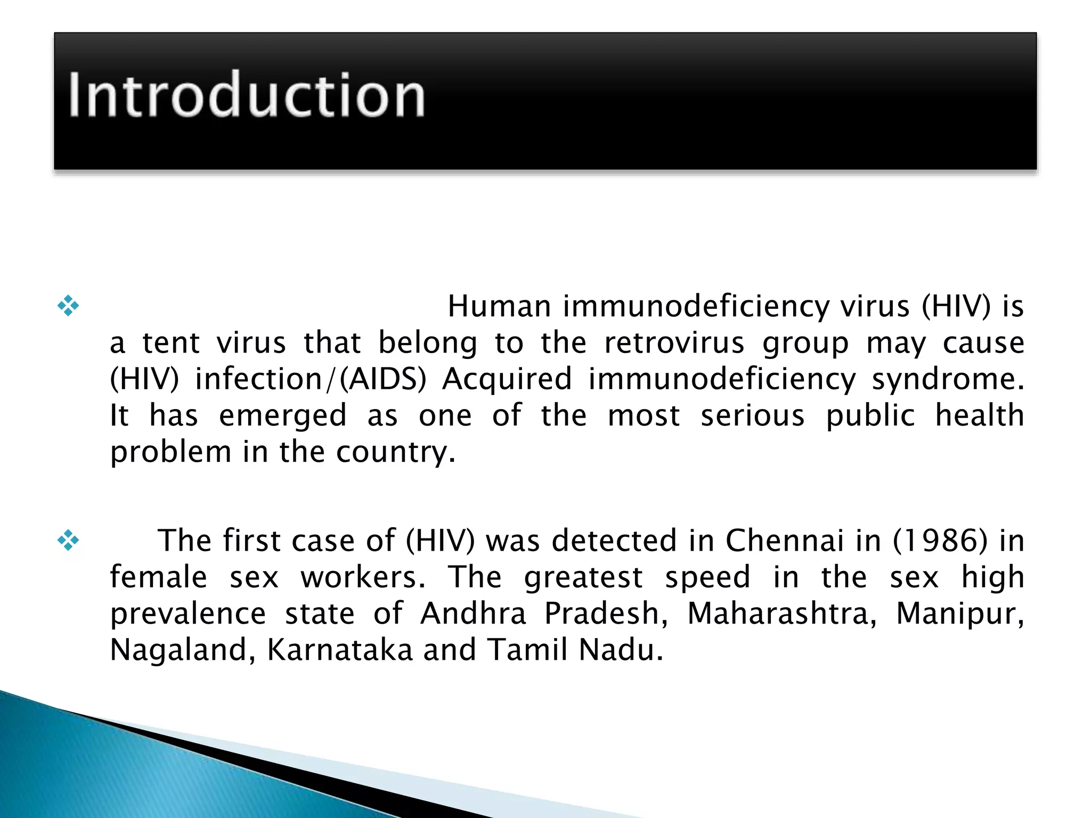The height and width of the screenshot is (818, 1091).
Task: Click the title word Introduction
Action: click(x=246, y=95)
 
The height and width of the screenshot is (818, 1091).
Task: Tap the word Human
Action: click(x=499, y=307)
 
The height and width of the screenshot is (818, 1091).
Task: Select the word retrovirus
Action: click(x=674, y=343)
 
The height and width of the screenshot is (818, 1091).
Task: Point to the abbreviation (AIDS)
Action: click(x=383, y=379)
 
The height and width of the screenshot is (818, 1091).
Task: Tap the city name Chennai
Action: click(x=785, y=541)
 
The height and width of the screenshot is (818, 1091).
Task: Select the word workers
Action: click(x=363, y=577)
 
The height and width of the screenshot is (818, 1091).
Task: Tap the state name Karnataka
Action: click(x=340, y=650)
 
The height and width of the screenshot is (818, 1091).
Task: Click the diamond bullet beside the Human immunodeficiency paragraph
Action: click(x=68, y=306)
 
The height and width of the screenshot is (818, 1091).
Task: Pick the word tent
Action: click(x=171, y=343)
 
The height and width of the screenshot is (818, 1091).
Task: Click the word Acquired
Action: click(x=507, y=380)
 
